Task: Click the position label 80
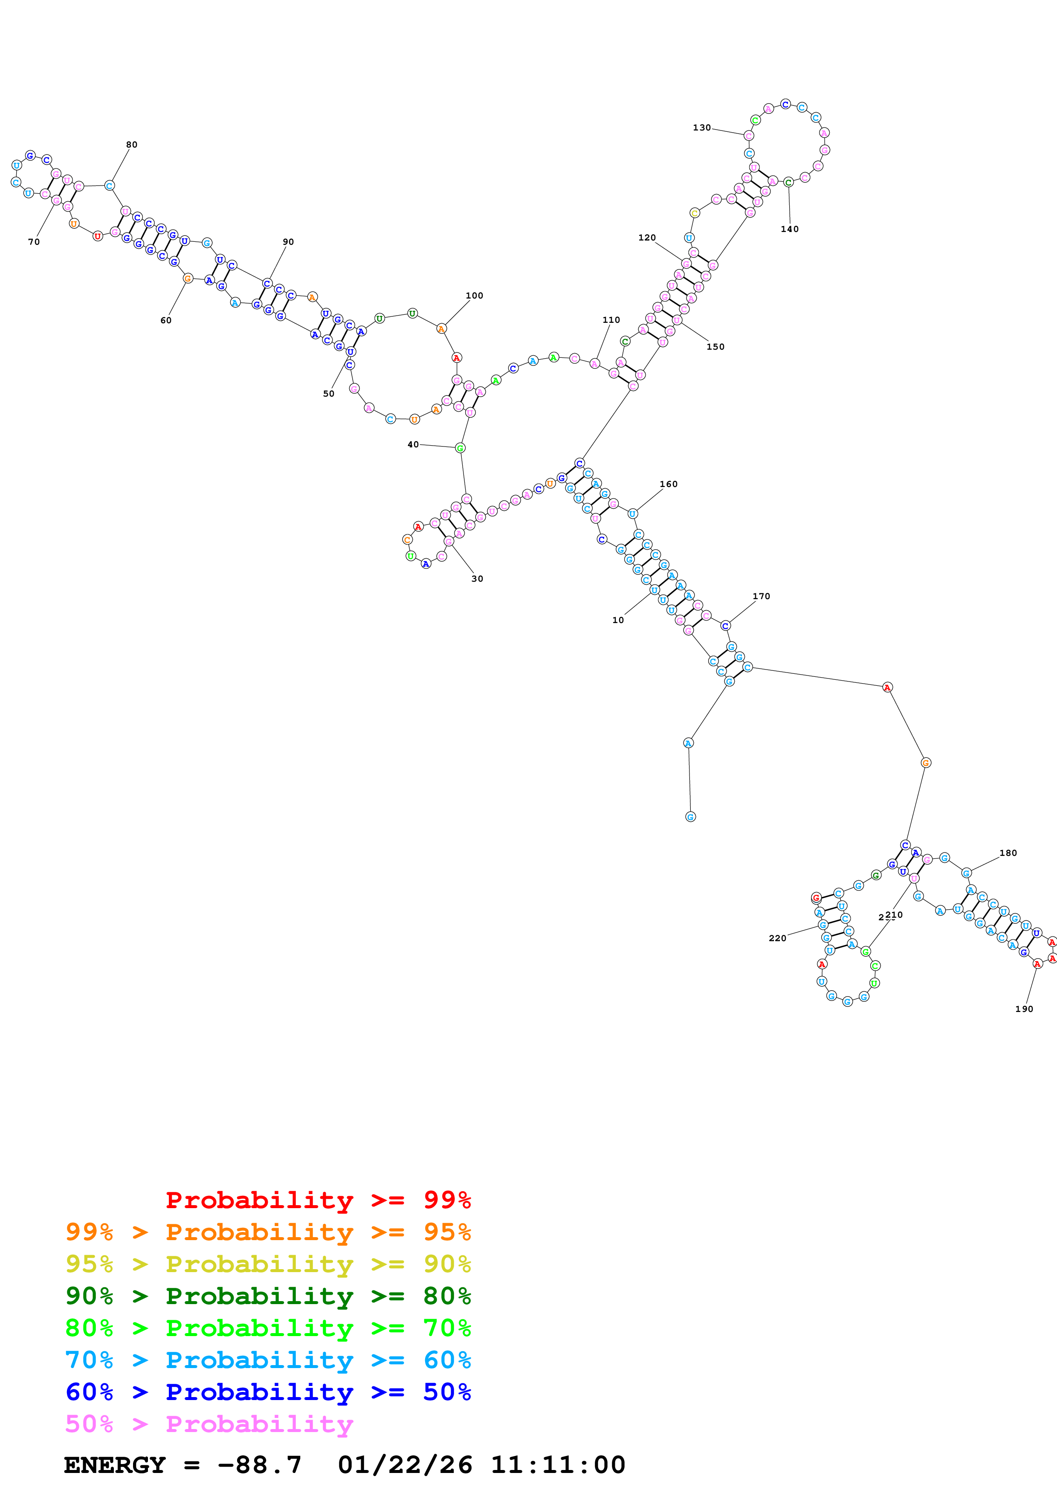click(x=132, y=145)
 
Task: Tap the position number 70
click(x=34, y=242)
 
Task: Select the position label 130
click(x=701, y=128)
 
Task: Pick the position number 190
click(x=1024, y=1009)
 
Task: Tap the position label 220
click(x=777, y=938)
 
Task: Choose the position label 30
click(x=478, y=579)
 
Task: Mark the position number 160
click(x=668, y=484)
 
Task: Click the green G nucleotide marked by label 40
click(x=460, y=448)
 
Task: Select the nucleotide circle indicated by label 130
click(x=748, y=136)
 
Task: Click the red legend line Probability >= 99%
click(x=318, y=1200)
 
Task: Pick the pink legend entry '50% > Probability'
click(x=209, y=1424)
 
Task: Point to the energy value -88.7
click(x=259, y=1465)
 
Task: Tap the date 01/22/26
click(x=405, y=1465)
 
